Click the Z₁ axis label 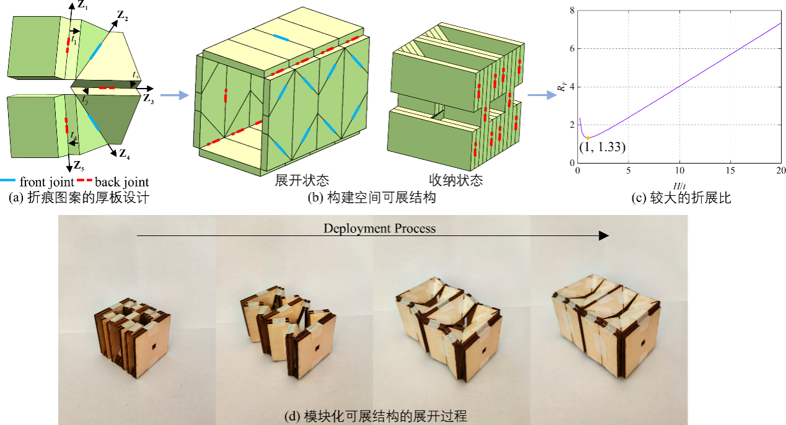(x=82, y=6)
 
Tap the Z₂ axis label (x=123, y=15)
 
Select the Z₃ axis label (x=148, y=99)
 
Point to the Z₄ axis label (x=125, y=154)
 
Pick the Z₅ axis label (x=79, y=165)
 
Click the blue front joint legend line (x=7, y=180)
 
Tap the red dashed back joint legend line (x=84, y=180)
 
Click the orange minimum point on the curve (x=588, y=138)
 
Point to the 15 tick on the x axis (x=730, y=170)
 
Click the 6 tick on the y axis (x=572, y=48)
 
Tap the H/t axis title (x=679, y=186)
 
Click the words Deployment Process (x=379, y=228)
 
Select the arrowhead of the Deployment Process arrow (x=604, y=235)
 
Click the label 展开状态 (x=302, y=180)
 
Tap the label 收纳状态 (x=456, y=180)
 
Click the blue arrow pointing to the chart (x=542, y=95)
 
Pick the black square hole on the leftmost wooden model (x=154, y=347)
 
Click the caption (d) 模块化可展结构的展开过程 (x=376, y=416)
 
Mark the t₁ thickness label (x=74, y=40)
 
